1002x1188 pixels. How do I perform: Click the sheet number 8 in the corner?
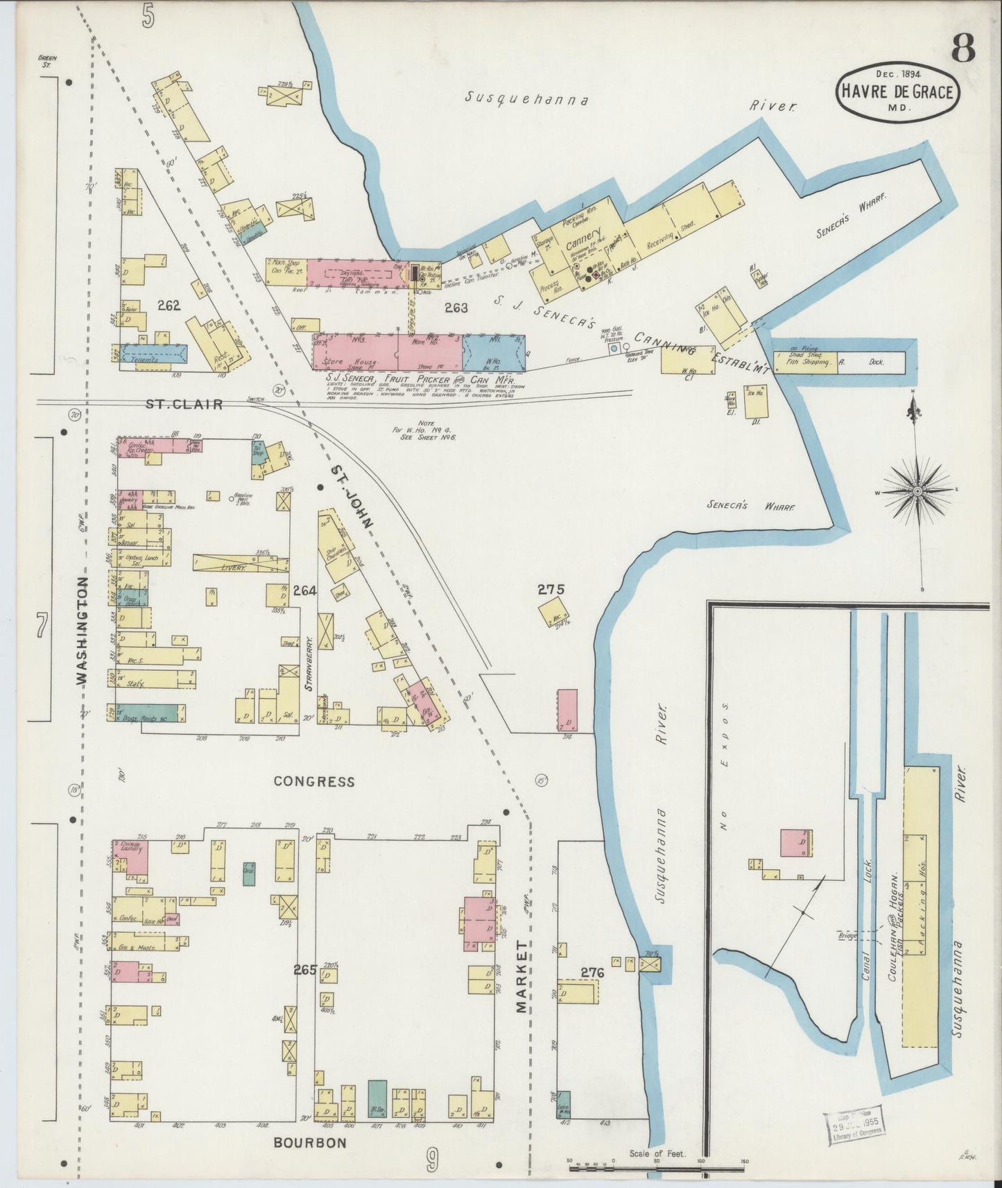tap(962, 49)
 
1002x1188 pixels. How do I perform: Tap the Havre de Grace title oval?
tap(897, 91)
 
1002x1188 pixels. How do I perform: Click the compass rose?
tap(917, 491)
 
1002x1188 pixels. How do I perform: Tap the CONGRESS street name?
tap(313, 781)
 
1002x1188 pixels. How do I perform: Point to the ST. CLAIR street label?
tap(184, 404)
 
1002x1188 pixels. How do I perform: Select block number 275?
tap(551, 590)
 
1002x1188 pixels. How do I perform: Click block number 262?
tap(169, 304)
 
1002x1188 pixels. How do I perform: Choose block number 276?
tap(593, 973)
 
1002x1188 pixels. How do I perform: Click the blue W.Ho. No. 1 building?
tap(493, 353)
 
